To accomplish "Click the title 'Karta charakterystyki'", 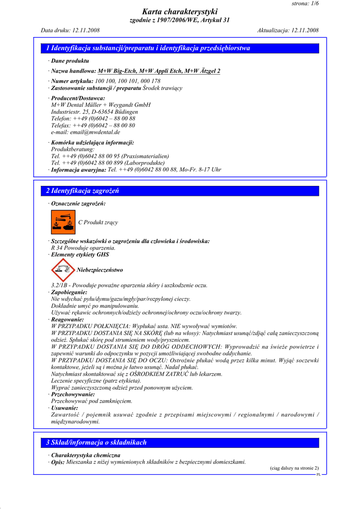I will [180, 11].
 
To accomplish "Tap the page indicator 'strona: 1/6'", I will [305, 3].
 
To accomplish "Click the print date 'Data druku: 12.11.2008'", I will [70, 30].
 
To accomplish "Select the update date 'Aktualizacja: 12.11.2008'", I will [288, 30].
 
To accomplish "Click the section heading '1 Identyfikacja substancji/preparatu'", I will [148, 49].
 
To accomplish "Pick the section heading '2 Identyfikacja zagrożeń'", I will [83, 191].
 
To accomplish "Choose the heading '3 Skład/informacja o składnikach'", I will [96, 442].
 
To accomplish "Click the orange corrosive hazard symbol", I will [63, 222].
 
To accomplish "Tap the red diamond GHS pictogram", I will [63, 270].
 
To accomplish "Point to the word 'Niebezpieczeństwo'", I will [100, 270].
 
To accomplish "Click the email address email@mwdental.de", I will [86, 132].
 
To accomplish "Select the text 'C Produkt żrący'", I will [98, 223].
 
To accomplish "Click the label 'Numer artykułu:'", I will [72, 81].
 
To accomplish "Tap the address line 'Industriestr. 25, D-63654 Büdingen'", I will [94, 112].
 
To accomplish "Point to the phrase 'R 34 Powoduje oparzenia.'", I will [83, 248].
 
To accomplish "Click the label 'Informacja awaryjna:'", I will [79, 170].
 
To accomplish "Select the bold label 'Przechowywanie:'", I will [73, 394].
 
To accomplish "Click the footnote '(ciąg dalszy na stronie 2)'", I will [294, 468].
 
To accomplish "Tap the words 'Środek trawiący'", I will [163, 88].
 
